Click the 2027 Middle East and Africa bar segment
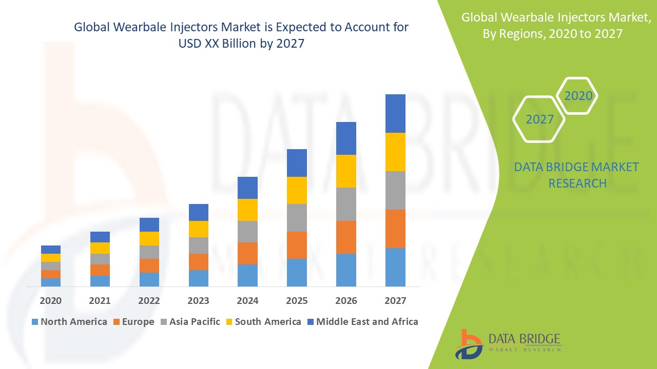coord(395,113)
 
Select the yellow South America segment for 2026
coord(346,171)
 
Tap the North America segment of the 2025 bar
coord(297,272)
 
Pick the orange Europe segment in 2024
coord(247,253)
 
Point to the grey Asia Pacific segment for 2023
coord(199,245)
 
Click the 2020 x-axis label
coord(50,300)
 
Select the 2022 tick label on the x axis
coord(149,300)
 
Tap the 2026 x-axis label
coord(346,300)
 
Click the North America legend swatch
coord(35,322)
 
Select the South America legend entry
coord(267,322)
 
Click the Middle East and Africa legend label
coord(367,322)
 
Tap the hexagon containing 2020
coord(578,96)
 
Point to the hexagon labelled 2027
coord(539,119)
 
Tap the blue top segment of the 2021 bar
coord(100,237)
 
